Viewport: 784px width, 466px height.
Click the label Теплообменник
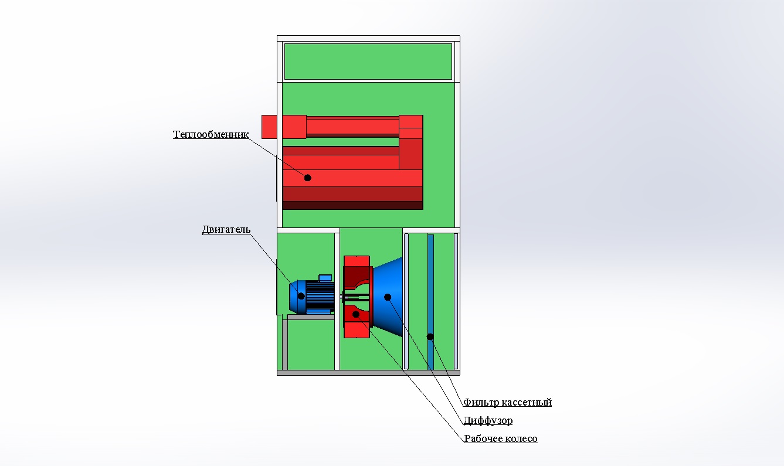211,134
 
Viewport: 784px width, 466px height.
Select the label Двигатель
226,230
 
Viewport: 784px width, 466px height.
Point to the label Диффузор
488,420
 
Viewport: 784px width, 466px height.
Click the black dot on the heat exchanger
308,178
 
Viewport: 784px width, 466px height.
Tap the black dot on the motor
301,296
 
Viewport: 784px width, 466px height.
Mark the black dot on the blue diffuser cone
388,297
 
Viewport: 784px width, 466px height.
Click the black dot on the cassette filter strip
430,336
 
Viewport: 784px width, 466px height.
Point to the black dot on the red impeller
355,314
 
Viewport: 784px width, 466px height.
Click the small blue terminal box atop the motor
325,278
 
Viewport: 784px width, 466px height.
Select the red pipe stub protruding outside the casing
269,127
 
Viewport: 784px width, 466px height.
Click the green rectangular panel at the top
368,62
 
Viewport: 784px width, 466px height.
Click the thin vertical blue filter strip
430,302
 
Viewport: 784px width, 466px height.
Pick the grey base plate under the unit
368,373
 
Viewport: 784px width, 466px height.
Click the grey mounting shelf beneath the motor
310,317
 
